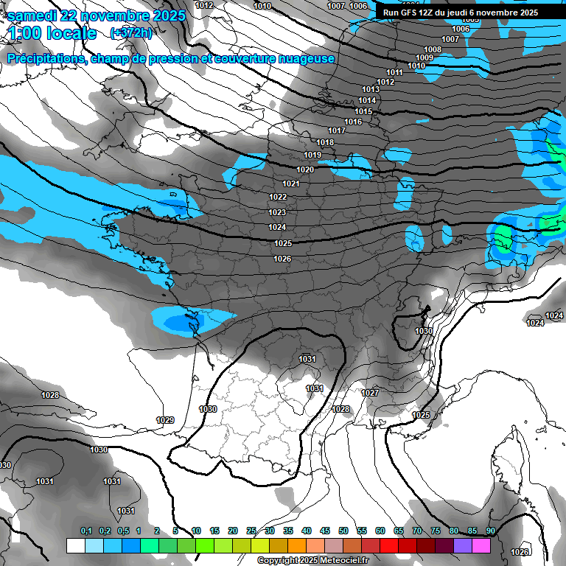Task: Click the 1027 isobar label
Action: click(370, 393)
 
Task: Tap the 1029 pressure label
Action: click(165, 420)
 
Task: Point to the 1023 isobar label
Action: click(277, 212)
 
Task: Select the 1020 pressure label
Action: click(305, 170)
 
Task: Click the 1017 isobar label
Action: click(337, 130)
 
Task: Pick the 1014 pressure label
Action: click(367, 100)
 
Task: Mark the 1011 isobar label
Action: click(394, 72)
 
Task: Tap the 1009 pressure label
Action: click(424, 57)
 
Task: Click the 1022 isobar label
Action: click(278, 197)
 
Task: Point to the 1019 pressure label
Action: click(312, 155)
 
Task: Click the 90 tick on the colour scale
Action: click(490, 531)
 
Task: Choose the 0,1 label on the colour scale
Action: click(86, 531)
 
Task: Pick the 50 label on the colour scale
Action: click(343, 531)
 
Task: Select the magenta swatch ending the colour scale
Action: click(481, 545)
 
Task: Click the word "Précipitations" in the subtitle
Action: click(43, 59)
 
